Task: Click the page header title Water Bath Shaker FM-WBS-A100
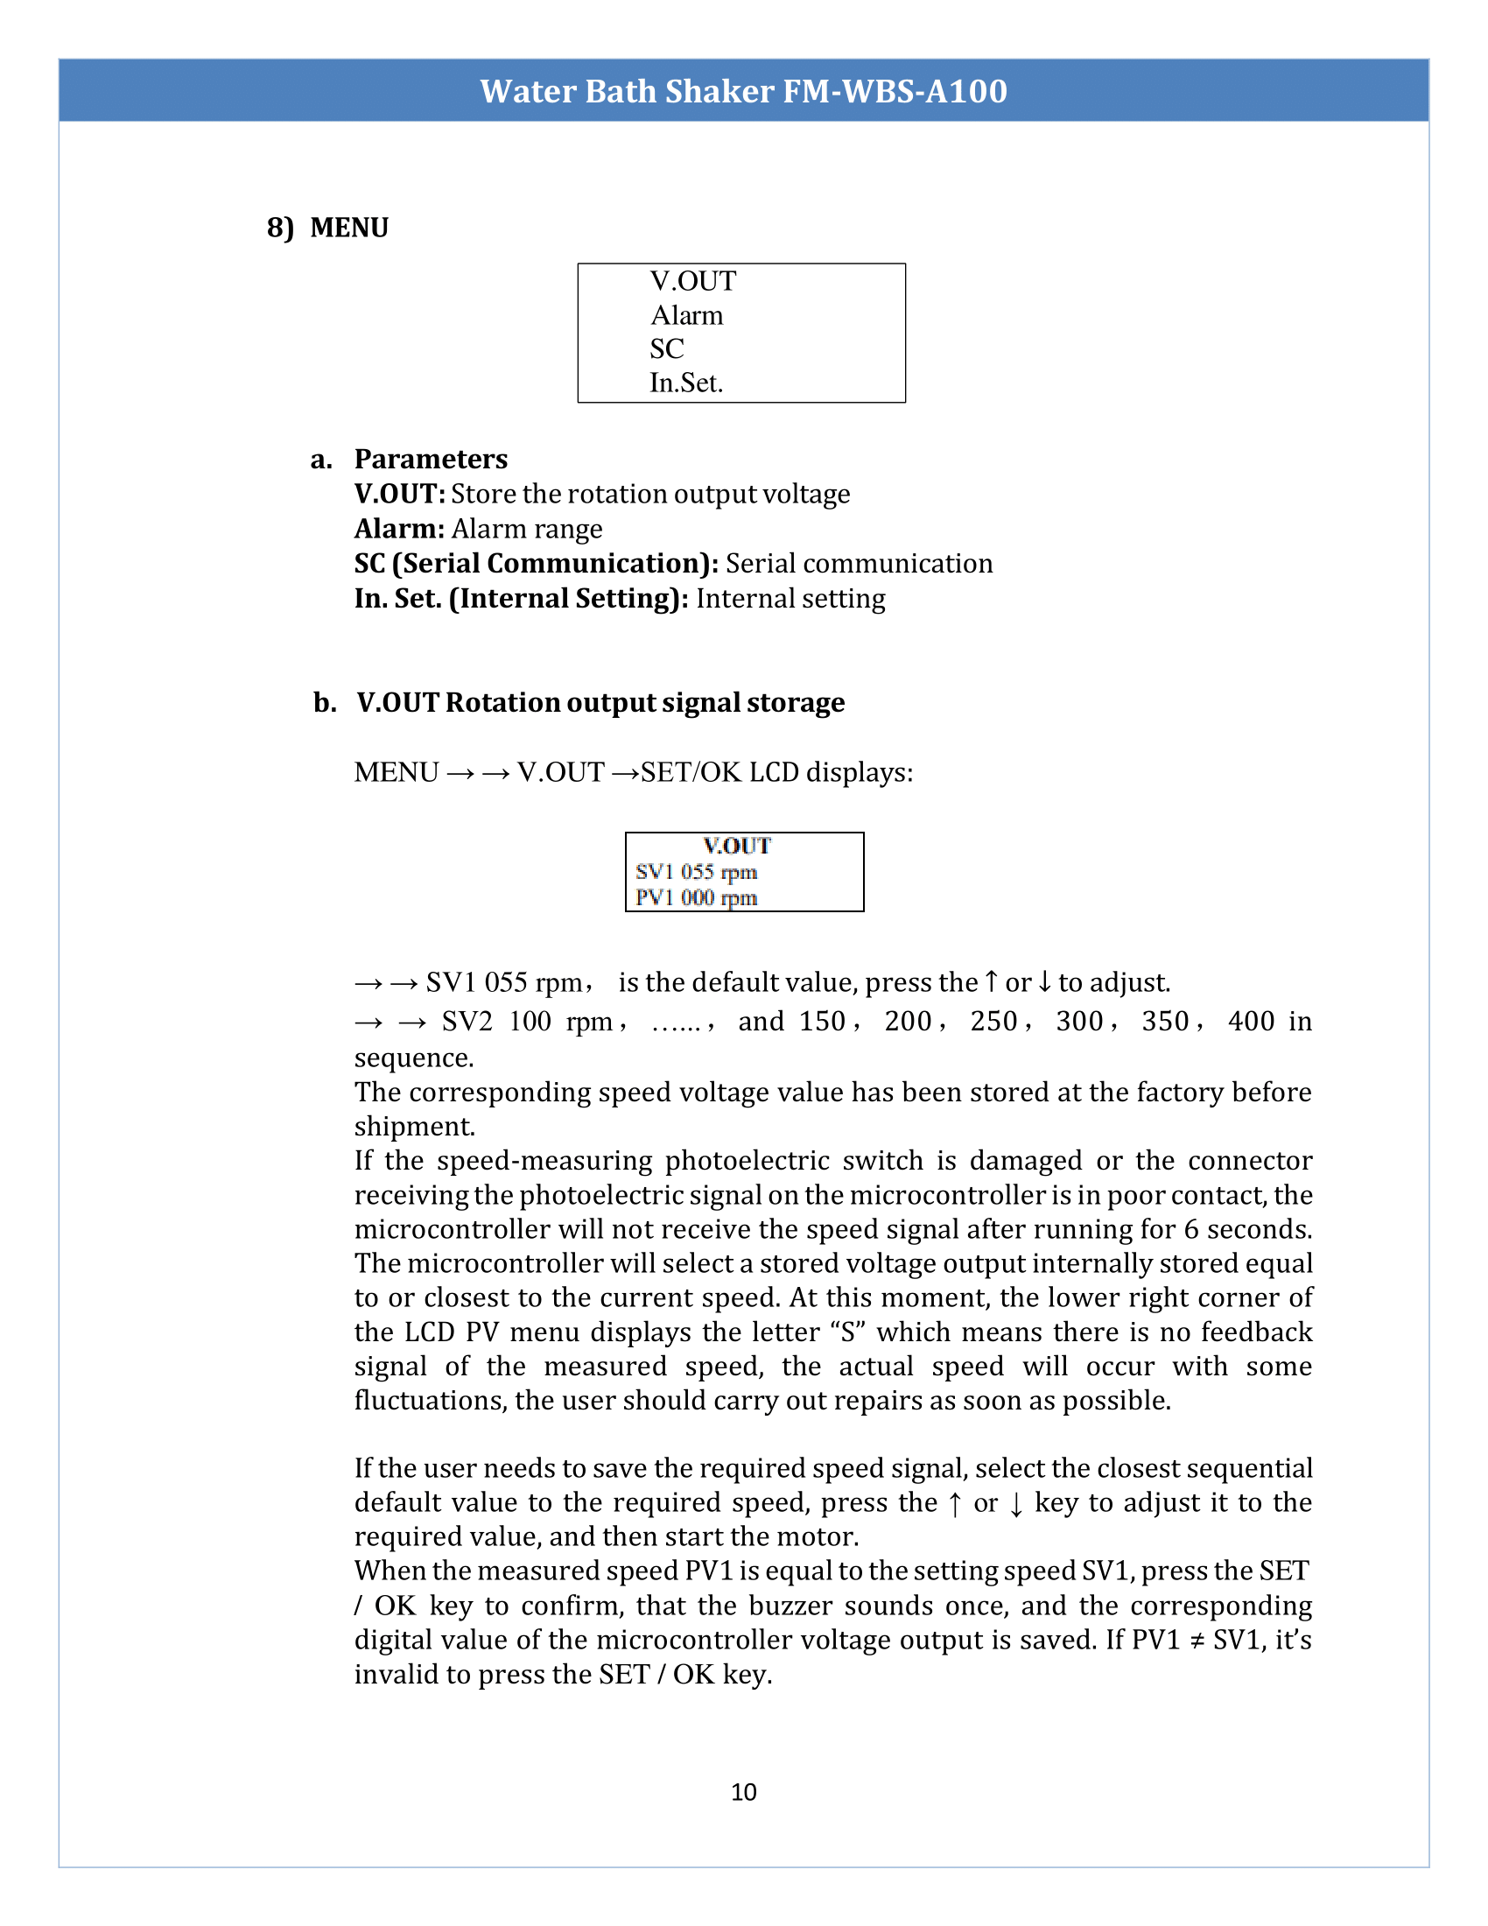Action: [743, 91]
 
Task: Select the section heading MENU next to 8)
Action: [349, 228]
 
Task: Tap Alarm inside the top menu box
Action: [687, 316]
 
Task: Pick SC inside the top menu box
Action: [666, 349]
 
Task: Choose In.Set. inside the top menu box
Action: [686, 383]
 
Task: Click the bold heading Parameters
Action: [430, 460]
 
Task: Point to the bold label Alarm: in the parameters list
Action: [399, 529]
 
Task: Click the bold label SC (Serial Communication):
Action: [536, 564]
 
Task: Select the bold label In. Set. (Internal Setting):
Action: [521, 599]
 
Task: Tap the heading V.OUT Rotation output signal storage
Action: [600, 703]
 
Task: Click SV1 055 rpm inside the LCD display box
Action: [696, 872]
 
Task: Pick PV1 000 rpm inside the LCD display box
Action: [696, 897]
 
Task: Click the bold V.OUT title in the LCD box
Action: [737, 846]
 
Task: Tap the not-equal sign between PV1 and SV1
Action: [1197, 1641]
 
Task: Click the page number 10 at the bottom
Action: [743, 1792]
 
